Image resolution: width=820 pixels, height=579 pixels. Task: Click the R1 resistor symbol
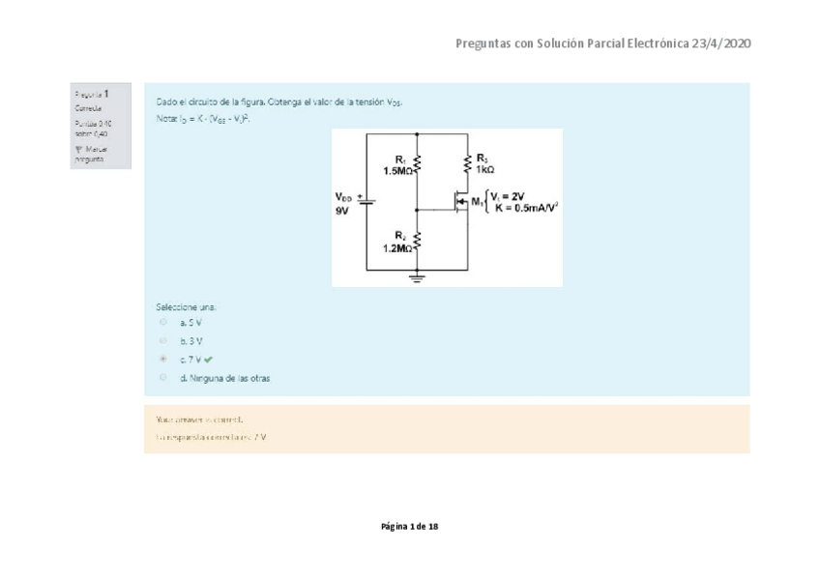click(417, 164)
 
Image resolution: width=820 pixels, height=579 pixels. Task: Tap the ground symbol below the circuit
click(418, 276)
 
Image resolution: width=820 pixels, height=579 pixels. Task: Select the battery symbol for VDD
click(368, 202)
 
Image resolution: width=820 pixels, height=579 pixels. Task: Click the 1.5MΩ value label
click(397, 171)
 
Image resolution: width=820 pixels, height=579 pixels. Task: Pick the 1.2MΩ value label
click(397, 248)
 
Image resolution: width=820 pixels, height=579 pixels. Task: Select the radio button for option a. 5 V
click(163, 322)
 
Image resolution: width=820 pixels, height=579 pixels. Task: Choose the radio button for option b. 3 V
click(163, 340)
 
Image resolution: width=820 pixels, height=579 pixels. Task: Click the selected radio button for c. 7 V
click(163, 359)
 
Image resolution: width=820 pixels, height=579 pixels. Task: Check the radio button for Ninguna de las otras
click(163, 378)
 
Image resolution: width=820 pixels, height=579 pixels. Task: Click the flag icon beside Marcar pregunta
click(78, 150)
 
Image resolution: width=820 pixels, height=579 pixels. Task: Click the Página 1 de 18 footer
click(410, 527)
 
